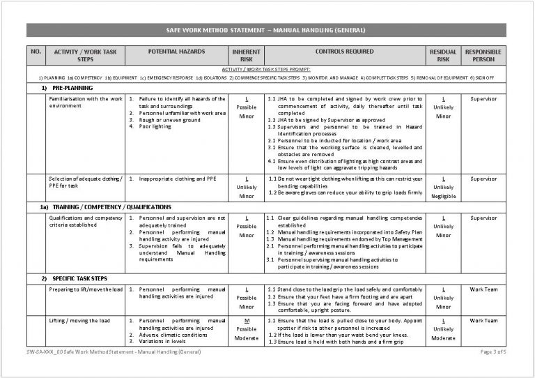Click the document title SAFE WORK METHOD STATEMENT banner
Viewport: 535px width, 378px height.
pyautogui.click(x=267, y=30)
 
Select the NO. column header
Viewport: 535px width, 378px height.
pyautogui.click(x=37, y=52)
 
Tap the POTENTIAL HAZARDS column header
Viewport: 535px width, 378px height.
pyautogui.click(x=176, y=52)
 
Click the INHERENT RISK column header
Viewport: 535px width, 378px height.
pyautogui.click(x=246, y=56)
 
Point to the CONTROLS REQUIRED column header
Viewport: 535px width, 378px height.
pyautogui.click(x=344, y=52)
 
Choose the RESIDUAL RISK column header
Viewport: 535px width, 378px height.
pyautogui.click(x=442, y=56)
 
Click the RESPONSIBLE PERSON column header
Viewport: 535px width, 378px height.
pyautogui.click(x=483, y=56)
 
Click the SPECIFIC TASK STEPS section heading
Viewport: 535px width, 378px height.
pyautogui.click(x=82, y=278)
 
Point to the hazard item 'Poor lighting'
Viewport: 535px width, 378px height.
pyautogui.click(x=155, y=127)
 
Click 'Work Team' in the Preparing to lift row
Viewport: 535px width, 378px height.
pyautogui.click(x=483, y=289)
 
